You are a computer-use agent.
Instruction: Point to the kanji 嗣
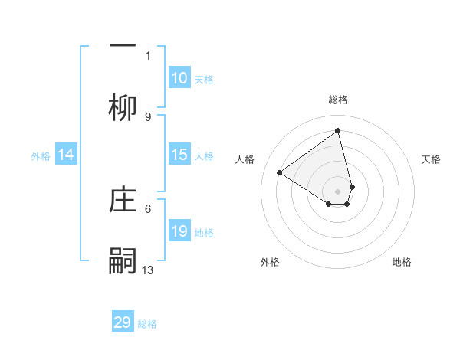pos(123,260)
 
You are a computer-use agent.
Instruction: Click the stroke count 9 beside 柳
pos(148,116)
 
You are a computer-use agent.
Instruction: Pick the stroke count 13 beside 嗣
pos(148,270)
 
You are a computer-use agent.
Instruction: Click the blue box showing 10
pos(179,78)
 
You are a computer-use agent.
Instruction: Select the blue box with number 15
pos(179,155)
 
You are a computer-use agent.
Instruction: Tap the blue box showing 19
pos(179,231)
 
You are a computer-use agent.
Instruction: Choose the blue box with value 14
pos(66,155)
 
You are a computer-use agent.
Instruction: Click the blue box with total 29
pos(123,322)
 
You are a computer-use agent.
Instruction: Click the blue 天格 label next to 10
pos(204,80)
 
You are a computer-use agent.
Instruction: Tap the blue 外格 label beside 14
pos(41,156)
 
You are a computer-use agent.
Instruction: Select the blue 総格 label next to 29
pos(147,324)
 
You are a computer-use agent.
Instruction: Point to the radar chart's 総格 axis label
pos(338,100)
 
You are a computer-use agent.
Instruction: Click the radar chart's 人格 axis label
pos(245,159)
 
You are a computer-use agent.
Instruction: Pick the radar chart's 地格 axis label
pos(402,262)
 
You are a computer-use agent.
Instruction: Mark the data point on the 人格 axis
pos(280,172)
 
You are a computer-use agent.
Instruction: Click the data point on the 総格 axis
pos(338,130)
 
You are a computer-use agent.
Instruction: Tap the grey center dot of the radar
pos(338,191)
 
